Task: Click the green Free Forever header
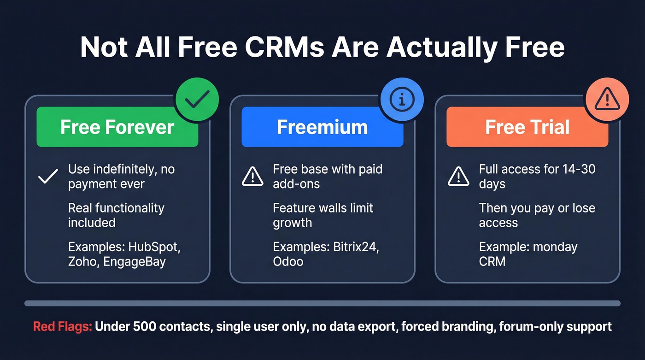click(117, 127)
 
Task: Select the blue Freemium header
click(322, 127)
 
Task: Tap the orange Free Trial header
click(527, 127)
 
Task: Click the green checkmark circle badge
click(196, 100)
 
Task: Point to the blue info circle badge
click(402, 100)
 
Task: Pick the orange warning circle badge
click(607, 100)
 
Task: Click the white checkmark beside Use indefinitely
click(48, 177)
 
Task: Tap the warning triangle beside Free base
click(253, 177)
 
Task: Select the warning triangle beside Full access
click(458, 177)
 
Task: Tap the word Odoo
click(288, 261)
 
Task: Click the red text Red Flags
click(63, 327)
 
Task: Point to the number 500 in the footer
click(143, 327)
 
